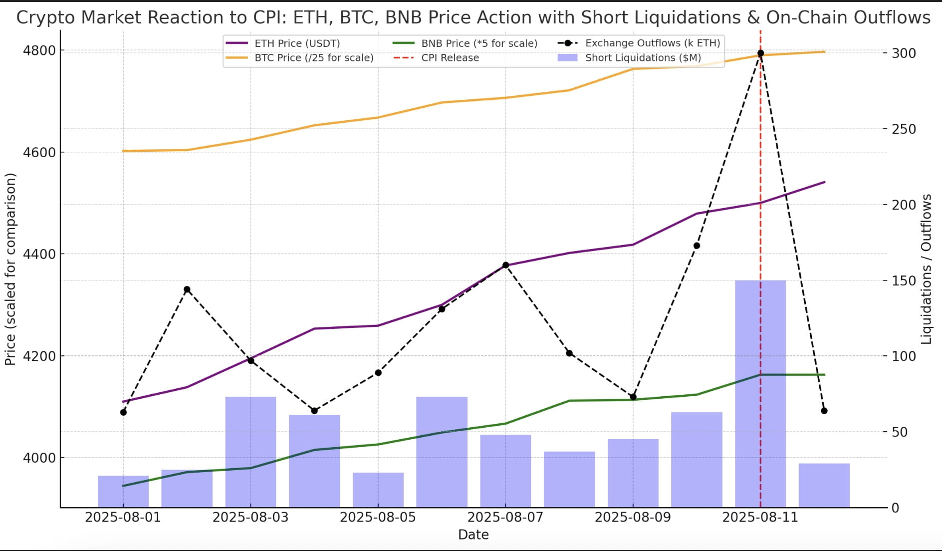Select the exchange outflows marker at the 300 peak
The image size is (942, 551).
pyautogui.click(x=760, y=53)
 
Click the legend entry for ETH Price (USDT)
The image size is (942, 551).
pyautogui.click(x=297, y=43)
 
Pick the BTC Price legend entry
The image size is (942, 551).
pyautogui.click(x=314, y=58)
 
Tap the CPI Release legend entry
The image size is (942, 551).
pyautogui.click(x=450, y=58)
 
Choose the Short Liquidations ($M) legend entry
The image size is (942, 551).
pyautogui.click(x=643, y=58)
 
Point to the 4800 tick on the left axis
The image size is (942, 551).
pyautogui.click(x=39, y=50)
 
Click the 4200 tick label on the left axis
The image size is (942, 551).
pyautogui.click(x=39, y=356)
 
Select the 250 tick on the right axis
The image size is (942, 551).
pyautogui.click(x=904, y=129)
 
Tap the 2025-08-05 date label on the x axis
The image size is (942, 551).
pyautogui.click(x=378, y=517)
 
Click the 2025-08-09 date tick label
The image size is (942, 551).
pyautogui.click(x=633, y=517)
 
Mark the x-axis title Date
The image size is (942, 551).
pyautogui.click(x=473, y=535)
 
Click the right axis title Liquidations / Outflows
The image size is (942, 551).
pyautogui.click(x=927, y=270)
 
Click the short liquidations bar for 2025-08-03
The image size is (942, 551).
pyautogui.click(x=250, y=452)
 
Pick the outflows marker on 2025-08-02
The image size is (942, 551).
pyautogui.click(x=187, y=289)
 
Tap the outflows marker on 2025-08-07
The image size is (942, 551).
pyautogui.click(x=505, y=265)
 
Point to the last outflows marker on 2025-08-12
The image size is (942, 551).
pyautogui.click(x=824, y=411)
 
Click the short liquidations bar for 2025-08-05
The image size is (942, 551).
pyautogui.click(x=378, y=490)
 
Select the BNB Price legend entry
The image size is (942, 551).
pyautogui.click(x=479, y=43)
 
